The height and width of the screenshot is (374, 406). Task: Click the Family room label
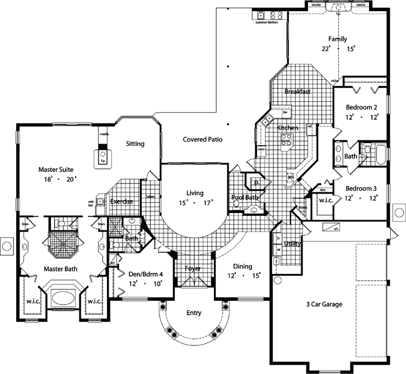point(337,39)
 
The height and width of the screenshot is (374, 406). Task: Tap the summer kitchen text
point(267,22)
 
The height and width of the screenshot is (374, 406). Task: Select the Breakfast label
point(297,91)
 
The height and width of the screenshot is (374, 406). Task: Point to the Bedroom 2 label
point(361,107)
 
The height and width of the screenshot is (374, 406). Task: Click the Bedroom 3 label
point(361,188)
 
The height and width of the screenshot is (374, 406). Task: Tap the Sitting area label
point(135,144)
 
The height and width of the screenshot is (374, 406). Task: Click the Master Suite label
point(56,168)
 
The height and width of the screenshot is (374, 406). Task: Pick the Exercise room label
point(122,201)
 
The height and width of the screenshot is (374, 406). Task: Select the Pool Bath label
point(244,198)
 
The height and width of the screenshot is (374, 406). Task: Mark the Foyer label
point(193,269)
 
